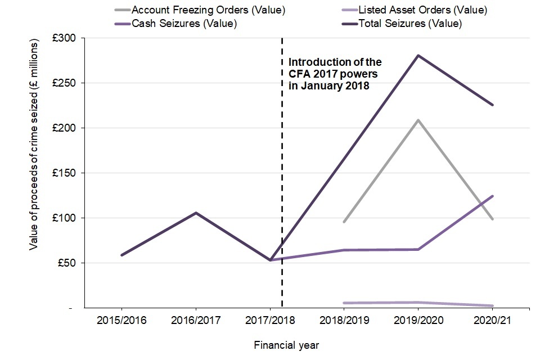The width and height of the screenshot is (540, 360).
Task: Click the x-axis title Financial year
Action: (x=286, y=344)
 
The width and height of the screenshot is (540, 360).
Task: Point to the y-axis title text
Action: (x=34, y=145)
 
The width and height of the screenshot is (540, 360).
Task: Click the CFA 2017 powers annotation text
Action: (x=335, y=74)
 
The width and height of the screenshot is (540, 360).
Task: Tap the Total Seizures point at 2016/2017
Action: (x=196, y=213)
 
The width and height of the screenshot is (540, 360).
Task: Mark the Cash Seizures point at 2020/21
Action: (x=493, y=196)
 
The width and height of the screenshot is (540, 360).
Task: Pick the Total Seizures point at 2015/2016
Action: (x=121, y=255)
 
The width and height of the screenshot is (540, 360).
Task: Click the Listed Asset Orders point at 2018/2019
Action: (x=344, y=303)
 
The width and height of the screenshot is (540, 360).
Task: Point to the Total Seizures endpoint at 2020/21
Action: (x=493, y=105)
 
